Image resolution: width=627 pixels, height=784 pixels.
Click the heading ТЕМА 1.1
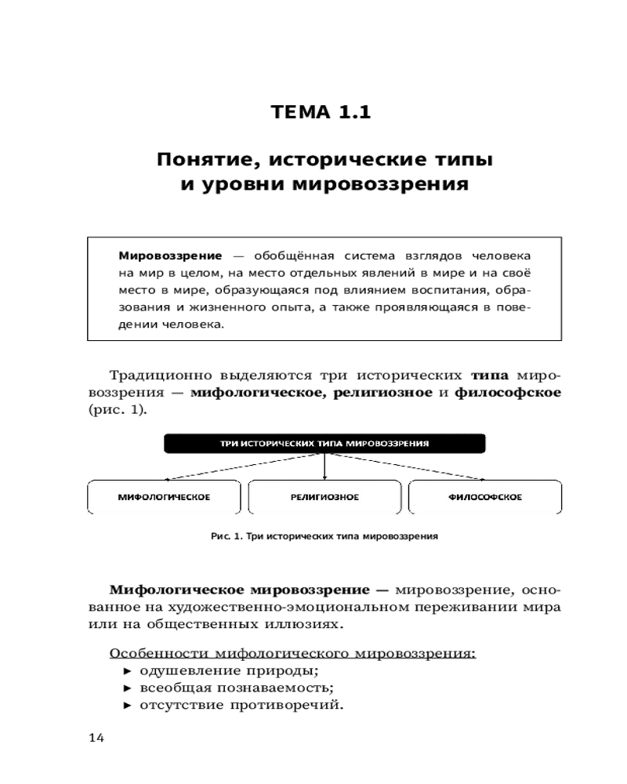click(x=320, y=112)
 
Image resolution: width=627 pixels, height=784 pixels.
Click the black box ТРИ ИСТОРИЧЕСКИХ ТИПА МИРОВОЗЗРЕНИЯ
click(x=324, y=443)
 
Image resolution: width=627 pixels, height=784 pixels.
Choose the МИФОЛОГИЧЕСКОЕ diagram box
click(x=164, y=497)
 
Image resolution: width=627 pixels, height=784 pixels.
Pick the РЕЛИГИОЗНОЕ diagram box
click(x=324, y=497)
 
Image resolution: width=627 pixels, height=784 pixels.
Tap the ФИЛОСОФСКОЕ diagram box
click(x=485, y=497)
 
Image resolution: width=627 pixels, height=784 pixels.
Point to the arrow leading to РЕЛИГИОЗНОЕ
click(x=324, y=466)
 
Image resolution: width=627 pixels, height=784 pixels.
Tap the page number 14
click(x=97, y=738)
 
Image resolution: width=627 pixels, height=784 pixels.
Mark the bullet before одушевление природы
click(x=129, y=672)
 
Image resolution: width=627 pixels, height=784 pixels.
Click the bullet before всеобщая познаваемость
click(x=129, y=688)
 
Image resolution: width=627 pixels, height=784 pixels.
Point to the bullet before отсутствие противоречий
click(x=129, y=705)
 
